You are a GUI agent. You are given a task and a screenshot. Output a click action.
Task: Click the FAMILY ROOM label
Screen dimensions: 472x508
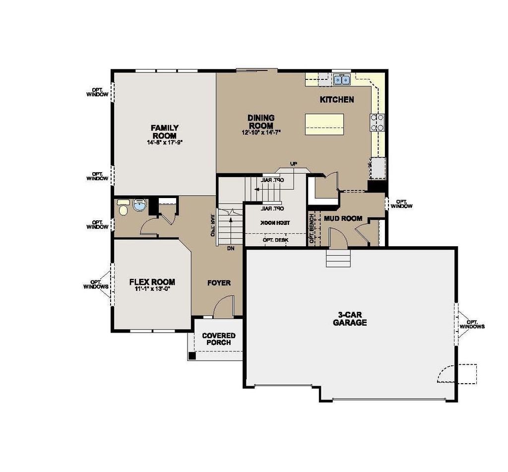pos(165,132)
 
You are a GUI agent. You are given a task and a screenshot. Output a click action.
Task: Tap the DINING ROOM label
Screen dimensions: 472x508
pos(261,122)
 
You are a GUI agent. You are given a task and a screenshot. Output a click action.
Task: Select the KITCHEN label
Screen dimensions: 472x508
pos(337,99)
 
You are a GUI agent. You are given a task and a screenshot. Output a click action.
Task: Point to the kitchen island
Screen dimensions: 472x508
pos(324,124)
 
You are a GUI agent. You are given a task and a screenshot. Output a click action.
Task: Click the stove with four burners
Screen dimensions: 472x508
pos(377,122)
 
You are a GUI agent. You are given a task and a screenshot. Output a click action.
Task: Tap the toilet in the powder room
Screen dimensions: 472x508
pos(123,207)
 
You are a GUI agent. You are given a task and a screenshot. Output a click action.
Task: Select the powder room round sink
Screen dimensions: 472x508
pos(140,205)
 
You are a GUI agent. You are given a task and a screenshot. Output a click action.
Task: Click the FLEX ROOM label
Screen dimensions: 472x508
pos(152,282)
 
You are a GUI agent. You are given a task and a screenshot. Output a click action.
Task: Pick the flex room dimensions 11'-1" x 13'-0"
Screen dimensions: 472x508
pos(152,289)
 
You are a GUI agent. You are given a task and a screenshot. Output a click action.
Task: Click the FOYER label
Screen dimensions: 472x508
pos(219,283)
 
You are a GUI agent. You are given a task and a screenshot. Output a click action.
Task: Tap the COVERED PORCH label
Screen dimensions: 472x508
pos(219,339)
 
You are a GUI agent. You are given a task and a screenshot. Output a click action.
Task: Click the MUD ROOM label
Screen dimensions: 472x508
pos(343,218)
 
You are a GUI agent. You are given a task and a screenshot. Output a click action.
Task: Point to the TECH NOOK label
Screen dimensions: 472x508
pos(275,222)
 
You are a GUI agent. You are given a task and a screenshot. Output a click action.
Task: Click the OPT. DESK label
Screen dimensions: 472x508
pos(275,240)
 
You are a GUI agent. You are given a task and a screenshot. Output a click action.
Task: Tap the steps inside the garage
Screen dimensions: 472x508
pos(338,258)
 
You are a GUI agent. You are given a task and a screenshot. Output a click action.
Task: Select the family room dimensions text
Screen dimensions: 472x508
pos(165,142)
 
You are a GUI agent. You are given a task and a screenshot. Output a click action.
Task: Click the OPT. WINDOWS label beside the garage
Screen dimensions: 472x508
pos(472,324)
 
